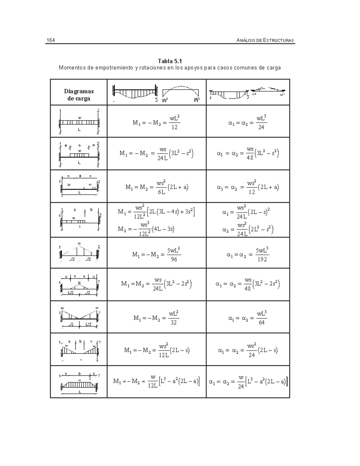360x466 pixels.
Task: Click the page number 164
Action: click(x=50, y=40)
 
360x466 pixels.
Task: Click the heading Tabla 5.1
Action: click(x=170, y=62)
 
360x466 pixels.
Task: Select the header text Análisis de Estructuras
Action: click(x=265, y=40)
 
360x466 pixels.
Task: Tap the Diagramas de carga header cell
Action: click(x=79, y=95)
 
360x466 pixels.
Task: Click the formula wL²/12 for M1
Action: click(x=156, y=122)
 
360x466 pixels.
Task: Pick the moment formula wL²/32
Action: click(x=156, y=318)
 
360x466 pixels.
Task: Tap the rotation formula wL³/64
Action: click(x=247, y=318)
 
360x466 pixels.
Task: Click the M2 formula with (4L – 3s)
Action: click(x=146, y=229)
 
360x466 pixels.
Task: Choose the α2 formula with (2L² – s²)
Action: click(x=247, y=230)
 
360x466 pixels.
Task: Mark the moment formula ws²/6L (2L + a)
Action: click(x=157, y=187)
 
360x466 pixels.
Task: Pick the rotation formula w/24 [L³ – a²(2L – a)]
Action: click(x=248, y=382)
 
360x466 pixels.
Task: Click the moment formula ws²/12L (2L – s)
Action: click(x=157, y=350)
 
